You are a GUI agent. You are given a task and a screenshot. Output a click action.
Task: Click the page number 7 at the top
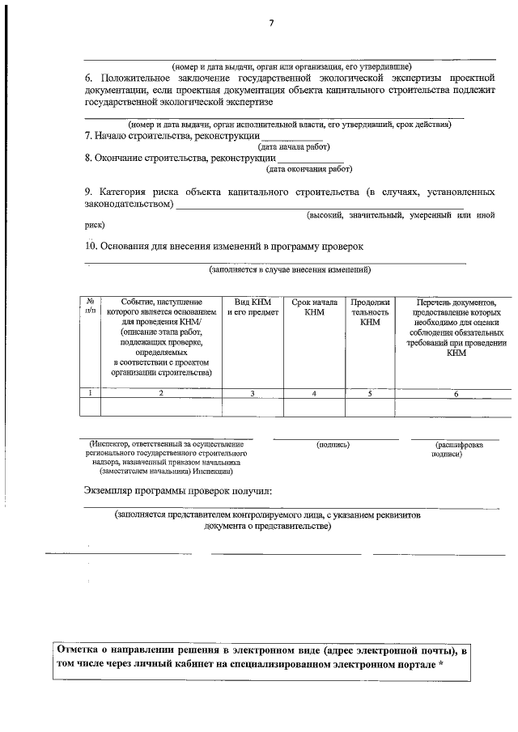pos(271,23)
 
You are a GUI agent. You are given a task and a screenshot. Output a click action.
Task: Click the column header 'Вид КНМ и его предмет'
pos(253,307)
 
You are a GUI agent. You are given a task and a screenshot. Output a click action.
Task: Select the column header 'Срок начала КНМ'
pos(314,307)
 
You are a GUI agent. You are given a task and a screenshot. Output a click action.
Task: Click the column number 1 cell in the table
pos(90,393)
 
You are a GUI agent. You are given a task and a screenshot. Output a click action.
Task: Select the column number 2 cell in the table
pos(161,393)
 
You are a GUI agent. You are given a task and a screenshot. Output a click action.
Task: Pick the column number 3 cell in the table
pos(253,393)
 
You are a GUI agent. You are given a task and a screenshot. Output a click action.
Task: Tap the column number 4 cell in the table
pos(314,393)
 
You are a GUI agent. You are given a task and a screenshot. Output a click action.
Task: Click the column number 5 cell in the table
pos(370,393)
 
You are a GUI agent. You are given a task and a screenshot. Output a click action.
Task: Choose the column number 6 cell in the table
pos(456,393)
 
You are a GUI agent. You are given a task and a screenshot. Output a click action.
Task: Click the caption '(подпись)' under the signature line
pos(333,445)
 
